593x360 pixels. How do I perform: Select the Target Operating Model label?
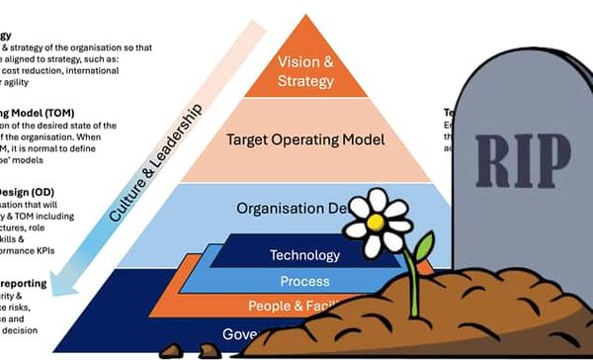306,139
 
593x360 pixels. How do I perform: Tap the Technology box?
304,255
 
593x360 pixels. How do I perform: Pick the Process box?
304,282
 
